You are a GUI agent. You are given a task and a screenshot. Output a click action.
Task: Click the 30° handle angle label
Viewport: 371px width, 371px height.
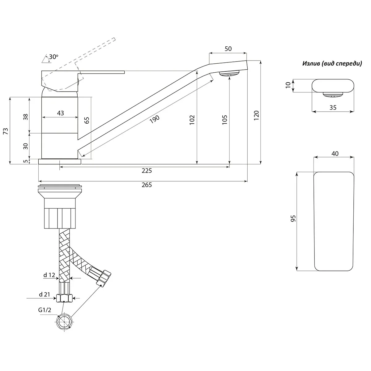pos(53,57)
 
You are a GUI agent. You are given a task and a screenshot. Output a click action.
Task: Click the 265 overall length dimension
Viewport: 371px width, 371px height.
pos(147,185)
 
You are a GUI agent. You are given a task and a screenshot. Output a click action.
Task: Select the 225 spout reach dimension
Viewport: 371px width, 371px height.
pos(147,171)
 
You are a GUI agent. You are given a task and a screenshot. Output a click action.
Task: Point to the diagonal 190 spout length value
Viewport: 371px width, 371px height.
pos(155,119)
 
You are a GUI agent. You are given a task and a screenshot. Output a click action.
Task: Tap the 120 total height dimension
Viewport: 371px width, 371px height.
pos(256,116)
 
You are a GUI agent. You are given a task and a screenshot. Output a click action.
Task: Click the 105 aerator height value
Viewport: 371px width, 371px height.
pos(225,120)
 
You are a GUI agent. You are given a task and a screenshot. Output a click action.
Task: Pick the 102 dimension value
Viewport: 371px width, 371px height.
pos(192,120)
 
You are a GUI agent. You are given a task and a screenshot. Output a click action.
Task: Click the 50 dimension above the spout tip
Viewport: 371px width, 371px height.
pos(228,49)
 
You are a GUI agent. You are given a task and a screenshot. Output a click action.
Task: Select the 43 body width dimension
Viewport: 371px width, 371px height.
pos(61,113)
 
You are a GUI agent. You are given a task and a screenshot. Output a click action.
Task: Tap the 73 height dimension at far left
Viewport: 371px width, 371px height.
pos(6,131)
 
